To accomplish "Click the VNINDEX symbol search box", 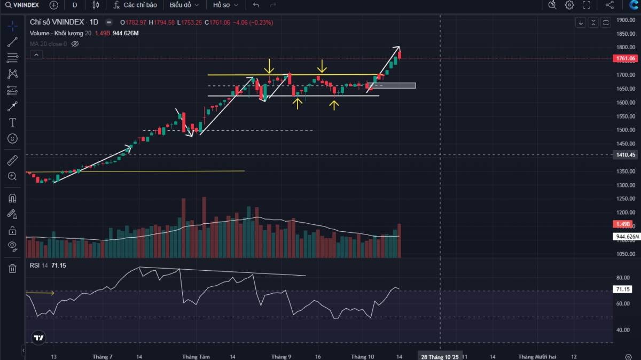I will pyautogui.click(x=24, y=5).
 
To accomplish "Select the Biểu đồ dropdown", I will pyautogui.click(x=184, y=5).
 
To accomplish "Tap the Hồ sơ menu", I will pyautogui.click(x=224, y=5).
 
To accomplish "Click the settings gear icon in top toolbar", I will pyautogui.click(x=569, y=5).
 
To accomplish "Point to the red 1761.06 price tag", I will pyautogui.click(x=626, y=58).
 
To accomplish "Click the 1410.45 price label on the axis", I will pyautogui.click(x=626, y=155).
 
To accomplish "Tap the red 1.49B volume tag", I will pyautogui.click(x=624, y=224).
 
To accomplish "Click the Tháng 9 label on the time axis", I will pyautogui.click(x=281, y=356).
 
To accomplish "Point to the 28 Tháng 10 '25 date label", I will pyautogui.click(x=440, y=356).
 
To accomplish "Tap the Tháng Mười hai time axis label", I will pyautogui.click(x=537, y=356).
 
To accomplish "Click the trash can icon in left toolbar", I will pyautogui.click(x=12, y=269).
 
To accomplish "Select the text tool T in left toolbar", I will pyautogui.click(x=12, y=122).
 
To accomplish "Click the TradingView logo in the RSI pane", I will pyautogui.click(x=38, y=338).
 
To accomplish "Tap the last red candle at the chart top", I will pyautogui.click(x=400, y=53).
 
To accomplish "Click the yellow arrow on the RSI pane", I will pyautogui.click(x=40, y=293).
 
